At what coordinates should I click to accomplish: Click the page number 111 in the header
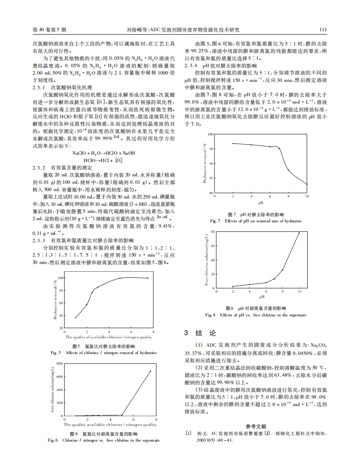(x=322, y=30)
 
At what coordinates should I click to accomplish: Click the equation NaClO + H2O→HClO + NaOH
(x=104, y=153)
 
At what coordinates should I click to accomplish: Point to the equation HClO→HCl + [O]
(x=103, y=160)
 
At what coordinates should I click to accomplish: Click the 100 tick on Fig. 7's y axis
(x=211, y=134)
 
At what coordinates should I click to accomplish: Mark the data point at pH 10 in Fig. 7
(x=307, y=184)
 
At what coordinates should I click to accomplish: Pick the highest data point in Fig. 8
(x=299, y=233)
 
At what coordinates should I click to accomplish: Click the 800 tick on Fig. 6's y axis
(x=59, y=363)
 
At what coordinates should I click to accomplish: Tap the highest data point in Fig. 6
(x=150, y=371)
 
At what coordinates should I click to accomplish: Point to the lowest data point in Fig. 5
(x=75, y=318)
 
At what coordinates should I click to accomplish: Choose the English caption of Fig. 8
(x=256, y=315)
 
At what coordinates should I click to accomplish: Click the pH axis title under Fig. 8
(x=262, y=297)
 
